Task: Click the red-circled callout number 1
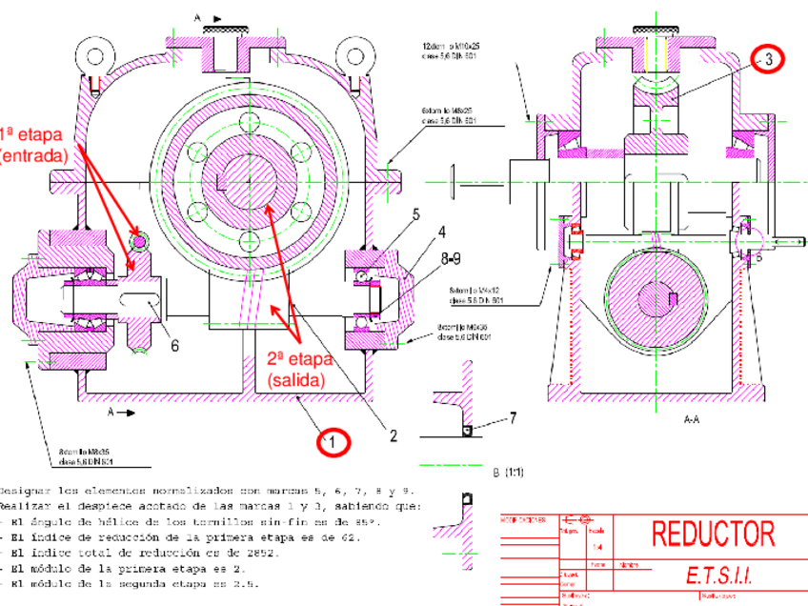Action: pyautogui.click(x=334, y=441)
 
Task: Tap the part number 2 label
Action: pyautogui.click(x=393, y=436)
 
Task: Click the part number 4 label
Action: pyautogui.click(x=442, y=232)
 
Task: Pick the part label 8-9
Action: pyautogui.click(x=452, y=256)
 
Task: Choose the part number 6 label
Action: pyautogui.click(x=174, y=346)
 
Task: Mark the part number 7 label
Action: pyautogui.click(x=513, y=417)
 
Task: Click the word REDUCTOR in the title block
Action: pyautogui.click(x=713, y=534)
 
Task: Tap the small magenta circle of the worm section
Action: pyautogui.click(x=139, y=242)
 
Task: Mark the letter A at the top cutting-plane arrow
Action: pyautogui.click(x=198, y=16)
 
